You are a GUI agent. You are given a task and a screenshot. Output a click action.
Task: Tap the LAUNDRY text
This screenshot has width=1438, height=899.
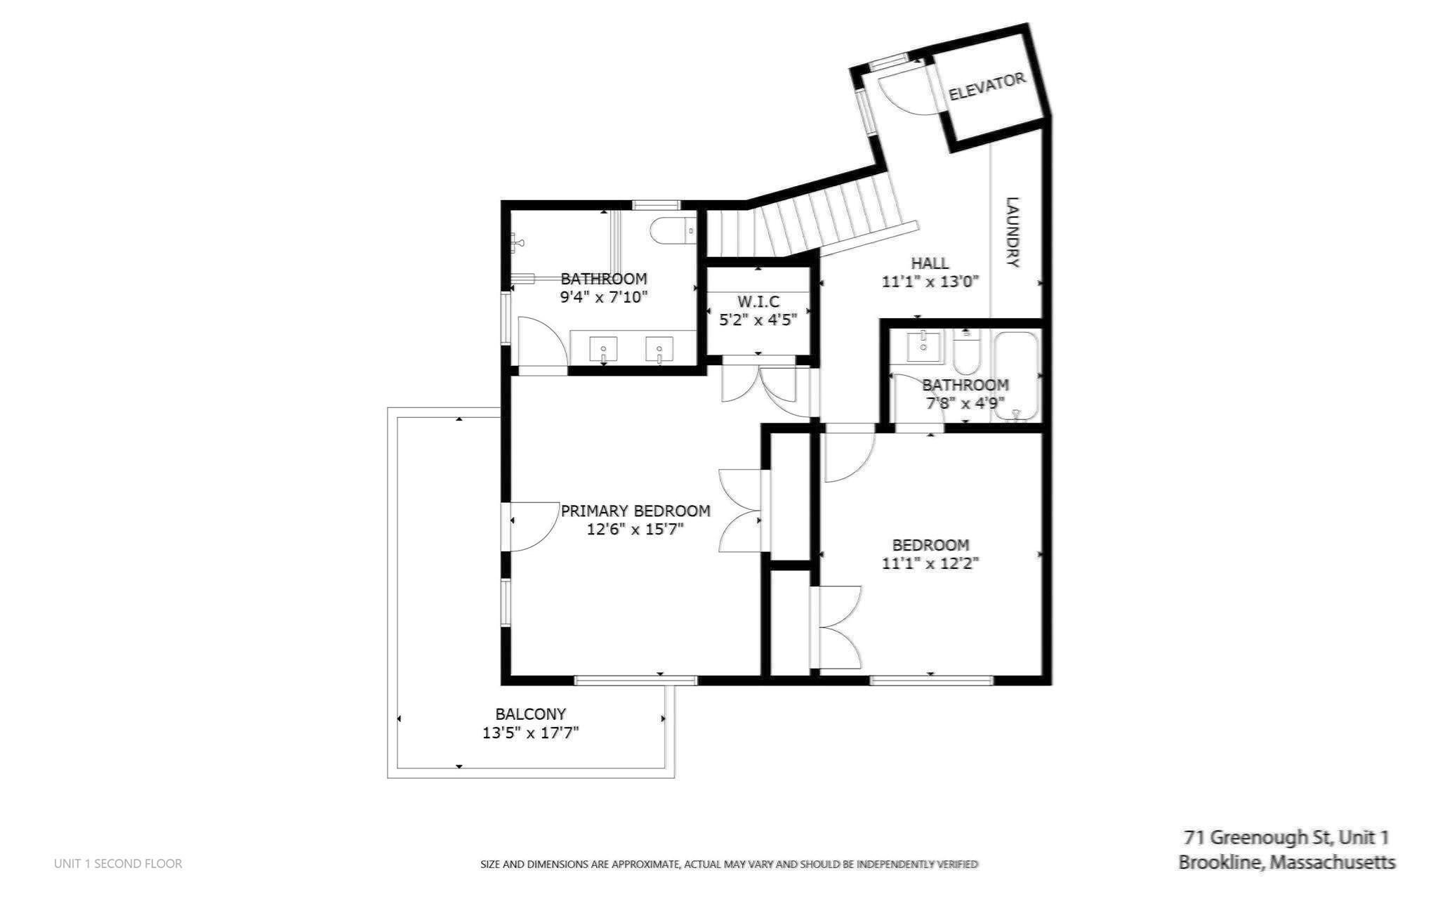pos(1012,232)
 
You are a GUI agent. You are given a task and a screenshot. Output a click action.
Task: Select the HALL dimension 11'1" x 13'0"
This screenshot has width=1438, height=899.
pos(930,282)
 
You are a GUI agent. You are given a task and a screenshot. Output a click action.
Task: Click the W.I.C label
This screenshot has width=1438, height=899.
pos(758,302)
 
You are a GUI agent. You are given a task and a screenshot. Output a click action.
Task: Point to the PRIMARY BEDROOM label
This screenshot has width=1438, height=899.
pos(635,511)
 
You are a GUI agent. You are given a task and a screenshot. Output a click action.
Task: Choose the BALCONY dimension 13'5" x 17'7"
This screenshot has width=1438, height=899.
pos(530,733)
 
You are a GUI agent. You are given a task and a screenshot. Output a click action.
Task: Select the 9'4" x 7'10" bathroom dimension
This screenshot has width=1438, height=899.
pos(603,297)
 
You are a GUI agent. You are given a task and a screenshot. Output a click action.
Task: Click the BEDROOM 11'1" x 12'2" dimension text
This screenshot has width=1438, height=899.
pos(930,563)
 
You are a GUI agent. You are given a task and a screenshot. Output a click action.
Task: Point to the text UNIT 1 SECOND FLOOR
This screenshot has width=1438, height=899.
pos(118,864)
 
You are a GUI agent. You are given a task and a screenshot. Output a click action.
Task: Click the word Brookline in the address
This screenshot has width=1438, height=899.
pos(1219,862)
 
